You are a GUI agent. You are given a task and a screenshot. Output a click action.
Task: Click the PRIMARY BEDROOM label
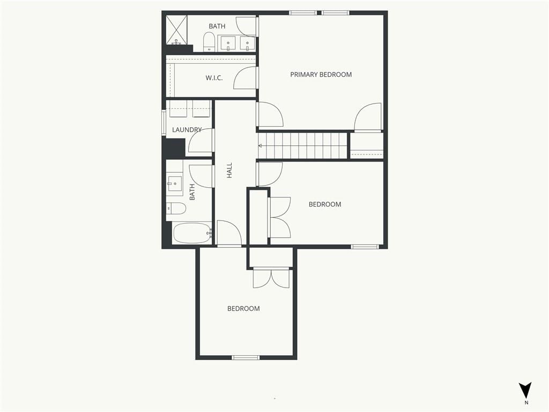(321, 75)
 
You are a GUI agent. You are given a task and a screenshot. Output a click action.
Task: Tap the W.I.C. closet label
(214, 78)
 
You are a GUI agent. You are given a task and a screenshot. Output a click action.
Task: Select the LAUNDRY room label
(187, 130)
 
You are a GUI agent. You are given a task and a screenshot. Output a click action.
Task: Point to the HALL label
(229, 170)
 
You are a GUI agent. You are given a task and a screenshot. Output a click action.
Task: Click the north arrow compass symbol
(525, 391)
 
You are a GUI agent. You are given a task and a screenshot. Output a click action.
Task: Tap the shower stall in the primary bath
(176, 30)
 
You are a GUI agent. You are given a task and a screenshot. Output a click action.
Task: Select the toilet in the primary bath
(209, 42)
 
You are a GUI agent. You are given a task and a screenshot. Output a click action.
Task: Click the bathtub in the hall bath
(192, 233)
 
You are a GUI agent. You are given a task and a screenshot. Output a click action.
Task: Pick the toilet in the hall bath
(176, 209)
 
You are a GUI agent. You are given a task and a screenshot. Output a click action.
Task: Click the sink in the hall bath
(174, 183)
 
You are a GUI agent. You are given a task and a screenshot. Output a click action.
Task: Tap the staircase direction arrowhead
(260, 145)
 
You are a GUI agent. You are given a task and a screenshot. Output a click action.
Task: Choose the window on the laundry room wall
(164, 123)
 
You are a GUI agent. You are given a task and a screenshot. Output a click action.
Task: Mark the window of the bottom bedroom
(246, 357)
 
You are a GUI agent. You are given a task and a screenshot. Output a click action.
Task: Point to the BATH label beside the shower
(217, 26)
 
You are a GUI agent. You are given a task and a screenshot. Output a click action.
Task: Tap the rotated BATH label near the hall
(192, 192)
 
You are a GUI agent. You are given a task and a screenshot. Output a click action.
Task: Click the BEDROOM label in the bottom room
(243, 308)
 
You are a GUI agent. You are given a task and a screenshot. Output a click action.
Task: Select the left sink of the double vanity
(228, 44)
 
